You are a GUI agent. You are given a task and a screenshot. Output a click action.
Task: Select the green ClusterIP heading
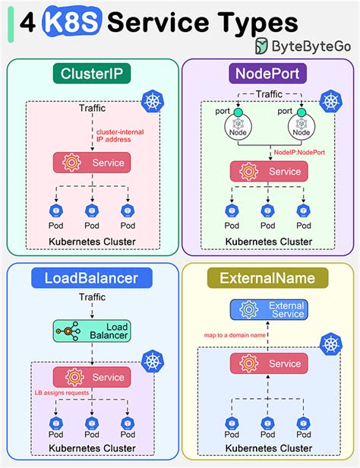tap(91, 75)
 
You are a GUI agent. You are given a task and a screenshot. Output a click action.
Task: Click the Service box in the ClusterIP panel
tap(91, 162)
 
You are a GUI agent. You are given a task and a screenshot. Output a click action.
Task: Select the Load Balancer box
tap(91, 330)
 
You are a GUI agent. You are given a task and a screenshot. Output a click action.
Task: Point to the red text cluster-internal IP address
tap(114, 135)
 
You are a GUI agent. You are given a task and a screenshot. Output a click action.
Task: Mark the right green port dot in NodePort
tap(302, 113)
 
